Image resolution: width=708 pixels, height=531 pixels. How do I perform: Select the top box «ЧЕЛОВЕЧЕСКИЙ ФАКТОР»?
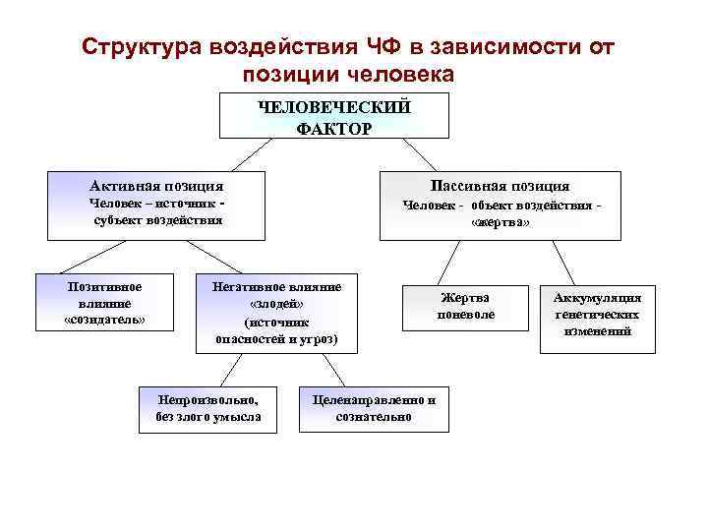(333, 115)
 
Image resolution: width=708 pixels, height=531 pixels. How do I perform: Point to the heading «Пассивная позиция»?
(500, 185)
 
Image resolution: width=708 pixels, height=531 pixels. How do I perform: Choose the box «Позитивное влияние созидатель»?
(104, 303)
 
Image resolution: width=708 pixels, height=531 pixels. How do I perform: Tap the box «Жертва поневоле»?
(466, 306)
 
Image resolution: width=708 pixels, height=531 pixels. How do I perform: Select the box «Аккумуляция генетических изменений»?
(597, 315)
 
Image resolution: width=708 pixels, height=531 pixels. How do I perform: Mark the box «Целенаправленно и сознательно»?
(374, 408)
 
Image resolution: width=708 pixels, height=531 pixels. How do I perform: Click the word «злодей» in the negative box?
(276, 304)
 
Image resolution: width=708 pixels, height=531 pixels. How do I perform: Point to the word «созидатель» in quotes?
(104, 321)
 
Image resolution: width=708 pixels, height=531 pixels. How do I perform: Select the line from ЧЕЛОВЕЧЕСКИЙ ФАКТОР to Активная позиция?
(252, 154)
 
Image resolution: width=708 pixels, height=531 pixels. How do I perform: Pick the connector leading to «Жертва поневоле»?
(447, 263)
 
